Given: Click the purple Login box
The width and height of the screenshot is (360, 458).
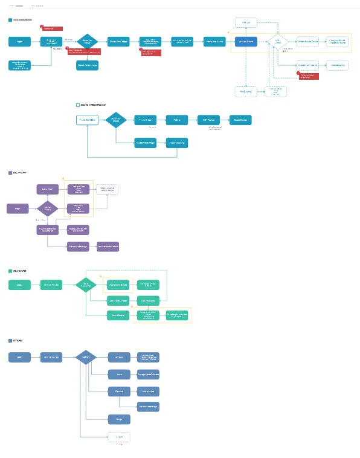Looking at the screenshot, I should click(17, 208).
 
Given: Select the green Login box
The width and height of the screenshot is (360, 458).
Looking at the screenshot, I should click(19, 285).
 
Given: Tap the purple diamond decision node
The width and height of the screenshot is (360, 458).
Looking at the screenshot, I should click(48, 208).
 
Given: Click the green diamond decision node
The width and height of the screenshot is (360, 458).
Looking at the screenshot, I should click(86, 285).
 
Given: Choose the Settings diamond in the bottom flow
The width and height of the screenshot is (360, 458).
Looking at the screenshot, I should click(86, 357).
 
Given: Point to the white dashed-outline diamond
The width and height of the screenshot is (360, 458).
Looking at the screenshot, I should click(278, 42).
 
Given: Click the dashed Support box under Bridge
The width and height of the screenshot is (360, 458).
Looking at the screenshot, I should click(119, 437).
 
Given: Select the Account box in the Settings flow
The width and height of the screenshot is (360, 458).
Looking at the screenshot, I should click(119, 357).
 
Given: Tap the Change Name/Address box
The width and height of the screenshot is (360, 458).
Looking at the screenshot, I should click(147, 374).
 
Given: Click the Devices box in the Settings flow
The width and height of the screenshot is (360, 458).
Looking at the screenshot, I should click(119, 391).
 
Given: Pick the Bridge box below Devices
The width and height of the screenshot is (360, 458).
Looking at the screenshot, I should click(119, 419).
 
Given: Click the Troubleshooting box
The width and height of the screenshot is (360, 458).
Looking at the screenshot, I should click(176, 143).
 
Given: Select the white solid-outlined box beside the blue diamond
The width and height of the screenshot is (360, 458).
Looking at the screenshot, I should click(88, 120).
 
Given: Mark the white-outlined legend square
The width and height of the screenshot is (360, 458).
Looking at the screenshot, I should click(77, 105).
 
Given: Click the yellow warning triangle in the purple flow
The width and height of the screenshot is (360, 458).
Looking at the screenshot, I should click(63, 179).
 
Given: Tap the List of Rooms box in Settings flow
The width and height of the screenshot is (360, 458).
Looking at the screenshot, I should click(51, 357).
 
